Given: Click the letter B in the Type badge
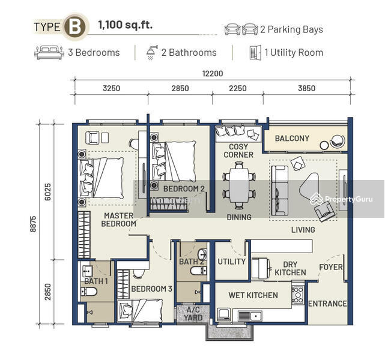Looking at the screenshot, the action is tap(74, 27).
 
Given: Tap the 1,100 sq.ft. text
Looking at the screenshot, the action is tap(125, 25).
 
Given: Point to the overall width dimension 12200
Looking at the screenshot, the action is tap(213, 74).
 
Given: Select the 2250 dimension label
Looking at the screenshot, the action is tap(238, 88).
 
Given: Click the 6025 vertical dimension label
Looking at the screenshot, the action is tap(47, 192).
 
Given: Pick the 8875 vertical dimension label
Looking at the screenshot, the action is tap(33, 224).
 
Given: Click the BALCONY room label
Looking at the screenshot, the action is tap(292, 139).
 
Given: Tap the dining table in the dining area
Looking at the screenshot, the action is tap(239, 185).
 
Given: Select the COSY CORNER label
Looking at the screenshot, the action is tap(238, 151).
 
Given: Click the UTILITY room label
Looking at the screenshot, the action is tap(231, 262).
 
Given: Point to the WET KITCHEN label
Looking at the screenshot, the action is tap(253, 295).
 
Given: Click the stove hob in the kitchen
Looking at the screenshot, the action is tap(298, 295).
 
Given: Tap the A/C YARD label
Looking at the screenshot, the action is tap(193, 314).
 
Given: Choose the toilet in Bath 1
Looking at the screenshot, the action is tap(89, 292).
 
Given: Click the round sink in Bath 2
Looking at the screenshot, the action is tap(202, 254).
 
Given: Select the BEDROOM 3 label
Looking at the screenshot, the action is tap(151, 289).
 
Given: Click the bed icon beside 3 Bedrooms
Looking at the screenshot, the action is tap(49, 52).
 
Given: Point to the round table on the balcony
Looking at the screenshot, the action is tap(324, 146).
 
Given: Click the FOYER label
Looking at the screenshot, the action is tap(331, 267).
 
